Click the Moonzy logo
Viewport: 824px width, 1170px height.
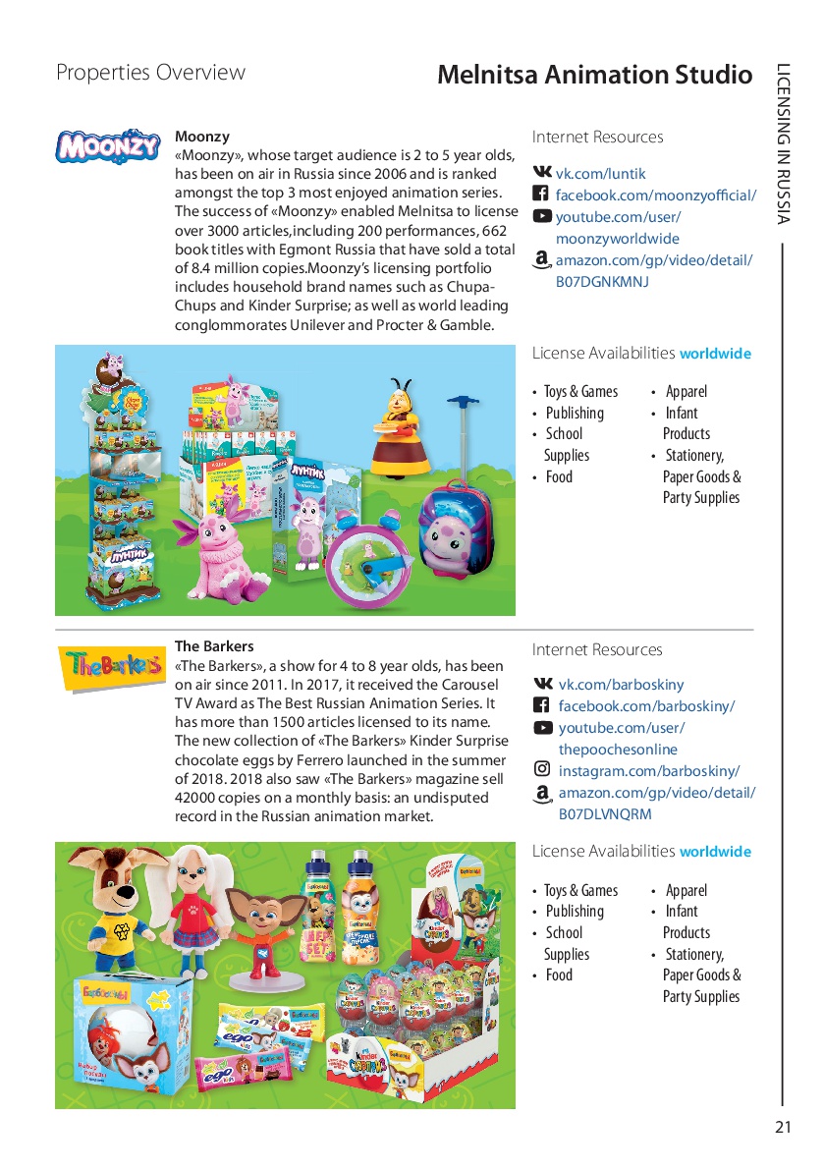tap(108, 146)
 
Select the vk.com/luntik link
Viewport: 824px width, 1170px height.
tap(600, 173)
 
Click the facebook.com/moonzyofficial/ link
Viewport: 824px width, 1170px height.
tap(655, 195)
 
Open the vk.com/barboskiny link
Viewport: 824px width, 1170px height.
tap(621, 685)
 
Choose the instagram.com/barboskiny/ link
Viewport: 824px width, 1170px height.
tap(649, 770)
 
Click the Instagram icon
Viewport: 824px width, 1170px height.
tap(542, 769)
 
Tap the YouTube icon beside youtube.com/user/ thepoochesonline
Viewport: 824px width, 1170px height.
tap(542, 728)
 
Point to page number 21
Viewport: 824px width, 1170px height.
tap(782, 1127)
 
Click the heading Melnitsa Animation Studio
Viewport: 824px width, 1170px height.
tap(594, 75)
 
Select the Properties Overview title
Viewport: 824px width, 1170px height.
tap(150, 73)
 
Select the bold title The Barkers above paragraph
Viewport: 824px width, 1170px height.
tap(214, 646)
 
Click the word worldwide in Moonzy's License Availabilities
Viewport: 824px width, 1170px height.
tap(715, 354)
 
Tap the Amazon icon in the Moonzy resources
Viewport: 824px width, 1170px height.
tap(541, 260)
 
